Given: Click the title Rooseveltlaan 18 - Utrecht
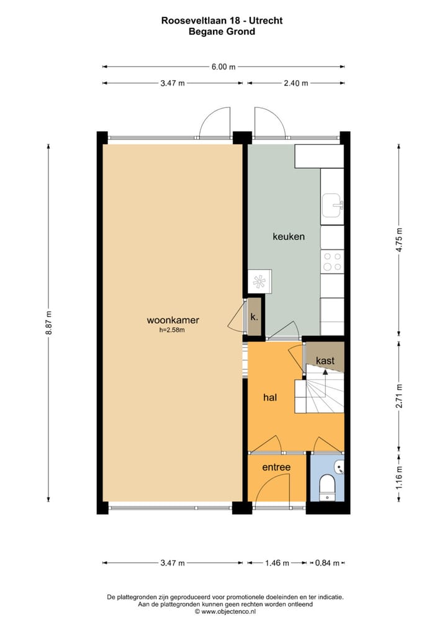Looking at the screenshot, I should point(222,20).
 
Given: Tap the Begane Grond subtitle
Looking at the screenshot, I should point(222,31).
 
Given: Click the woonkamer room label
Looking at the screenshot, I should point(173,320).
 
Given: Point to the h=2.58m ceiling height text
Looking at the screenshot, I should point(173,330).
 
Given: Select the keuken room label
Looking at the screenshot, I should point(289,237).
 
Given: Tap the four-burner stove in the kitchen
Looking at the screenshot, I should point(332,261).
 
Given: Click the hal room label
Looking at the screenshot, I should point(269,397).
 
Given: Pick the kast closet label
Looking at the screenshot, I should point(325,361).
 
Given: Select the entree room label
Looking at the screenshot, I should point(276,467).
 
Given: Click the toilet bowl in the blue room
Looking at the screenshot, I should point(327,487).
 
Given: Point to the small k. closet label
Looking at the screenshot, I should point(254,317).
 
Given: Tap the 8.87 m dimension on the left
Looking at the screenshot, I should point(48,323).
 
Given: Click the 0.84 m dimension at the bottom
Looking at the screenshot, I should point(327,563).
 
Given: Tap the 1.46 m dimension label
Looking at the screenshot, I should point(277,563).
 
